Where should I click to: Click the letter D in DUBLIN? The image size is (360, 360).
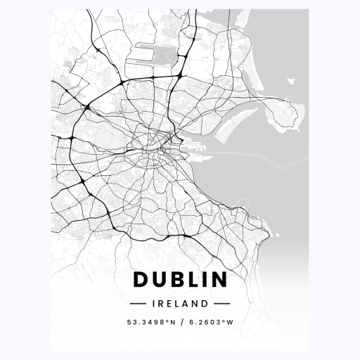[x=141, y=280]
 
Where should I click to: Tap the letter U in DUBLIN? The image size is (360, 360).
[x=160, y=280]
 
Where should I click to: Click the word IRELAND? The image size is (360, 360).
[x=180, y=304]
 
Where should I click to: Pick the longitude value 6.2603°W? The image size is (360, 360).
[x=209, y=323]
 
